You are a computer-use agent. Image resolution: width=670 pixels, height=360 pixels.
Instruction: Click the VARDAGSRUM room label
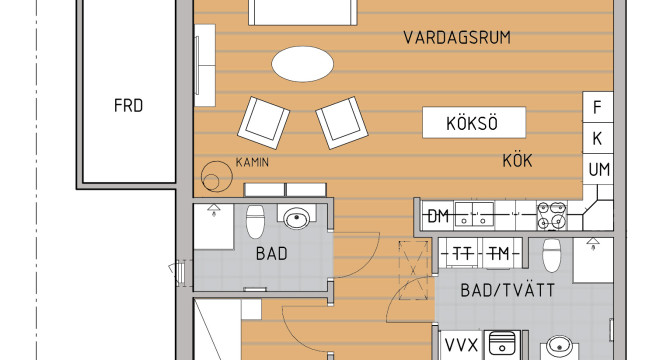coord(457,38)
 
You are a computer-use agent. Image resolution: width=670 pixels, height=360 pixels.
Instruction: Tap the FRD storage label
coord(128,105)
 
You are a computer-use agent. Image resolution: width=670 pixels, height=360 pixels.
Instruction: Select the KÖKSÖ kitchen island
coord(474,123)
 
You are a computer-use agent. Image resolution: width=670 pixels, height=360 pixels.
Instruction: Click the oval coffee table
coord(303,64)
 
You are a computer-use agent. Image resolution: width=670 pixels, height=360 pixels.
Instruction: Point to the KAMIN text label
coord(252,162)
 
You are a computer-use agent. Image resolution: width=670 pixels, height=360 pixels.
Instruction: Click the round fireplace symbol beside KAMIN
coord(217,176)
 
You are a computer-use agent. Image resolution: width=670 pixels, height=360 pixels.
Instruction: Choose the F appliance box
coord(598,107)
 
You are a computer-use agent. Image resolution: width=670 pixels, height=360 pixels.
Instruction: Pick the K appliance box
coord(598,138)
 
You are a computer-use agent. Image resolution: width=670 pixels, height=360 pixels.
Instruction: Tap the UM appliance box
coord(598,170)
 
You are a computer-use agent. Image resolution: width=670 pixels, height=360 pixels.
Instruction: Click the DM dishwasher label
coord(438,216)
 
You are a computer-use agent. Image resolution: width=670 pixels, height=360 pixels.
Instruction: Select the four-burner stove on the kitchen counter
coord(552,215)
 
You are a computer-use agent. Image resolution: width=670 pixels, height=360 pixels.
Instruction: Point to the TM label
coord(498,254)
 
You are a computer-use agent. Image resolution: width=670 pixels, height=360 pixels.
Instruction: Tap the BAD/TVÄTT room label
coord(508,291)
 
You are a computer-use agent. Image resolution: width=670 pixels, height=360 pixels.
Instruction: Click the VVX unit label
coord(461,345)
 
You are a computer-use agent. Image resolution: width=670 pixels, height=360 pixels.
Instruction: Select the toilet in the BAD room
coord(256,221)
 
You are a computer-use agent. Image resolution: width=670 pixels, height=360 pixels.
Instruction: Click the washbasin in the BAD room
coord(297,219)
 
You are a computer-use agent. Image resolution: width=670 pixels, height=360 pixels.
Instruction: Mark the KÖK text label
coord(517,161)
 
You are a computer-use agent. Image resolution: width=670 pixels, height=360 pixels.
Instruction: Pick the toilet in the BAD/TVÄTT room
coord(551,255)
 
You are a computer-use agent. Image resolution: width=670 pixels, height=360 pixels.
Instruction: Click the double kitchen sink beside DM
coord(474,214)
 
